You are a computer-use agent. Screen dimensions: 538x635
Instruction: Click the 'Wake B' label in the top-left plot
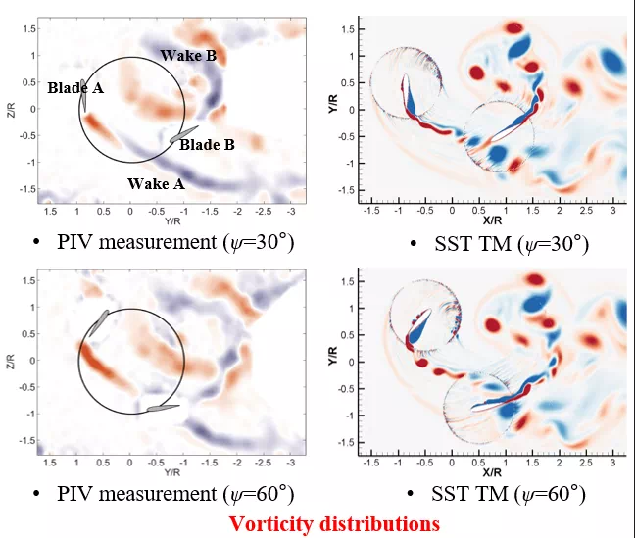188,56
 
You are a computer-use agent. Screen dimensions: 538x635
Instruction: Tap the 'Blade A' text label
75,87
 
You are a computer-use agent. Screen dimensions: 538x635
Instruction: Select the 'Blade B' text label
207,145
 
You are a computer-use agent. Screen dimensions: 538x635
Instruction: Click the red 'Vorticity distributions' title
333,523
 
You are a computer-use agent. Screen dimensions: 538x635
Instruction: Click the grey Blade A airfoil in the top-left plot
85,96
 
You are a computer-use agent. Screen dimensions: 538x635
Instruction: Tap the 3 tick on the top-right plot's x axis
612,209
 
